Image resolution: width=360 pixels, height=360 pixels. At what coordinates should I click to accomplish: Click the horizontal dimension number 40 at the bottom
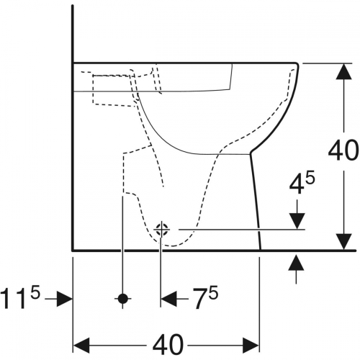(x=168, y=345)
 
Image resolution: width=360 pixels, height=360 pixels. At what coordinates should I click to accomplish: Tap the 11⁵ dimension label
(x=20, y=298)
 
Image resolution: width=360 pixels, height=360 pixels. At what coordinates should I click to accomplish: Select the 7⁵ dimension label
(x=206, y=297)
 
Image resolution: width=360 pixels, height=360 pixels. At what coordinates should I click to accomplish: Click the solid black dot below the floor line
(x=123, y=299)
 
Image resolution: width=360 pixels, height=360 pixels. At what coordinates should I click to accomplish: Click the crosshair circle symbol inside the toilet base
(x=162, y=230)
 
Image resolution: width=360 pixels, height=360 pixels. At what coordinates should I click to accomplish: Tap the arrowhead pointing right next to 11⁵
(x=64, y=299)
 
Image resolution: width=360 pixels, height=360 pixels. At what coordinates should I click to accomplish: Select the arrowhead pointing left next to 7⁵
(x=168, y=299)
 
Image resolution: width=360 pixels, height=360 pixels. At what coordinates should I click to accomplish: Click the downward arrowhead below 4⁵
(x=297, y=221)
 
